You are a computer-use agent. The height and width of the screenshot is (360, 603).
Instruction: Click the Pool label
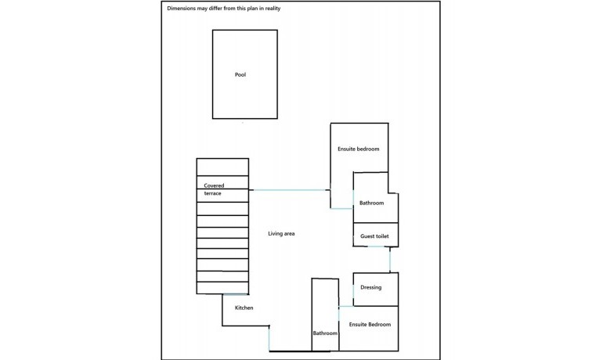click(x=240, y=74)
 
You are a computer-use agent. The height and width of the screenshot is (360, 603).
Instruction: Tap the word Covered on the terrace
click(x=214, y=185)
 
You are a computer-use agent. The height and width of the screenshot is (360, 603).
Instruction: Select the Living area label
click(x=281, y=233)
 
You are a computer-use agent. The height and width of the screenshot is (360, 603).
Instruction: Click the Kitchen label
click(x=244, y=308)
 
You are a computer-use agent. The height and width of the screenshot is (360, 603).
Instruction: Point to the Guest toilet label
click(x=374, y=236)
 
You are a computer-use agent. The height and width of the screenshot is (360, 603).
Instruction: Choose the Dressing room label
click(x=370, y=287)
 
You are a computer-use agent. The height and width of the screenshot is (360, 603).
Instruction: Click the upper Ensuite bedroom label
click(x=359, y=149)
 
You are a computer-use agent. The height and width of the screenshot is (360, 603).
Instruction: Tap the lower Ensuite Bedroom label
click(x=370, y=325)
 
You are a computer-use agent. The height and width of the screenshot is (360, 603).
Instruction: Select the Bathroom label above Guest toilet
click(x=371, y=203)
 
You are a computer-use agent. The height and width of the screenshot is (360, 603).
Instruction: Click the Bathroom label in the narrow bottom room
click(x=325, y=333)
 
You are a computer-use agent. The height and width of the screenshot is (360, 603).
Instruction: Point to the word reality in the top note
click(x=273, y=9)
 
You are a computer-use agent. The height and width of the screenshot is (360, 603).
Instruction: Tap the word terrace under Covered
click(x=213, y=193)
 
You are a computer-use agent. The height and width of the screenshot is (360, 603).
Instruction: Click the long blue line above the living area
click(x=290, y=190)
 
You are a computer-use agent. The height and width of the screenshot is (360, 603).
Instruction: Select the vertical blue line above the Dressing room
click(x=390, y=260)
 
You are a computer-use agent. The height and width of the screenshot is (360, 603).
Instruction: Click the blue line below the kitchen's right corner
click(x=269, y=339)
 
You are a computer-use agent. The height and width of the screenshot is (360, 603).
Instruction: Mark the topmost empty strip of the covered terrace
click(x=222, y=167)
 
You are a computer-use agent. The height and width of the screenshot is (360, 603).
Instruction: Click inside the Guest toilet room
click(x=376, y=235)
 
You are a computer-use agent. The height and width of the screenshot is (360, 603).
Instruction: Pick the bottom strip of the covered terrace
click(x=222, y=288)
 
